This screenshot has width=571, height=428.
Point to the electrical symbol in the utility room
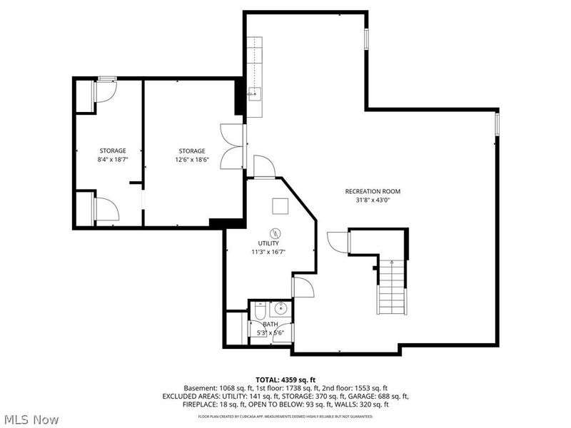(x=275, y=233)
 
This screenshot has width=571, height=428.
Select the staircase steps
(x=391, y=287)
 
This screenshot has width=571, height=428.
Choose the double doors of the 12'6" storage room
(x=233, y=146)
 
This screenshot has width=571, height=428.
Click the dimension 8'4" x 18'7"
(x=113, y=160)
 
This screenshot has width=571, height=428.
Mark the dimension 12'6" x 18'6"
(x=192, y=160)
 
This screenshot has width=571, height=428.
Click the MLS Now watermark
(x=31, y=419)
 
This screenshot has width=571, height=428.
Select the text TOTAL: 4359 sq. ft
(x=285, y=379)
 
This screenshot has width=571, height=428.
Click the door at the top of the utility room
(x=264, y=168)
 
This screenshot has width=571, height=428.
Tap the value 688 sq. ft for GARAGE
(x=392, y=396)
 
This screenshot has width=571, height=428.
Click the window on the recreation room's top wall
(x=366, y=39)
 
